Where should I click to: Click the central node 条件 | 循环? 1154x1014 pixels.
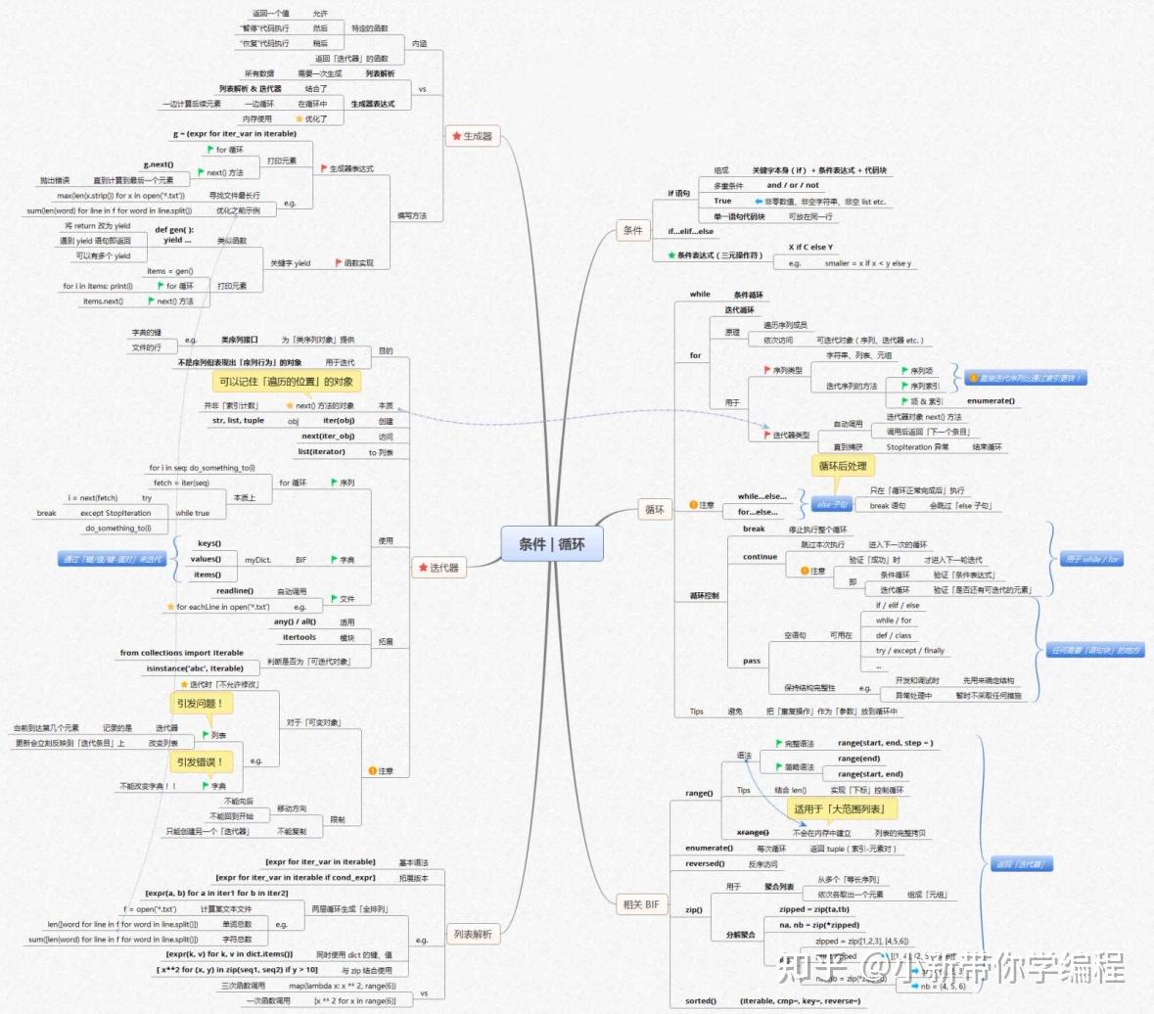[551, 543]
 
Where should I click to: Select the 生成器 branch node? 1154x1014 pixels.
[472, 136]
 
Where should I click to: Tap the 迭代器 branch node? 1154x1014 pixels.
[439, 567]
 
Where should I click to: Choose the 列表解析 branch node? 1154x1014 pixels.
[474, 935]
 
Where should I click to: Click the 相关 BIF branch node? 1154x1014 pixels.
[641, 904]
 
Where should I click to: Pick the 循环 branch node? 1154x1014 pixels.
[654, 510]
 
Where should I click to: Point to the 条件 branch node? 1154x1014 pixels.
[633, 231]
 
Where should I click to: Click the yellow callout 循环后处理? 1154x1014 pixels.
[843, 466]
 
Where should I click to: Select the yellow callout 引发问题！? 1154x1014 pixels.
[201, 703]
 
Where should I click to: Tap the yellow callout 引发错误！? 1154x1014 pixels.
[201, 761]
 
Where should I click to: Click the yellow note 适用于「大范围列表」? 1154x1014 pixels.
[839, 809]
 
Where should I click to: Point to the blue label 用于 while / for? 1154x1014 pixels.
[1090, 559]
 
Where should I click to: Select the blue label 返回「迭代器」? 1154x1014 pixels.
[1019, 864]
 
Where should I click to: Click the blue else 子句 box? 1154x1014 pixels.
[831, 505]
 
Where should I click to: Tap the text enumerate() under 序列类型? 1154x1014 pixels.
[991, 400]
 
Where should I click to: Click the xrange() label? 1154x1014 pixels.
[752, 832]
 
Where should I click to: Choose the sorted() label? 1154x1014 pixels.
[700, 1000]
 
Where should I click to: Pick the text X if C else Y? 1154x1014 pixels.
[810, 248]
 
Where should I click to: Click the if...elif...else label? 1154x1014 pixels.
[690, 232]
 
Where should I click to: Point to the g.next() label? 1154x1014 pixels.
[158, 164]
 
